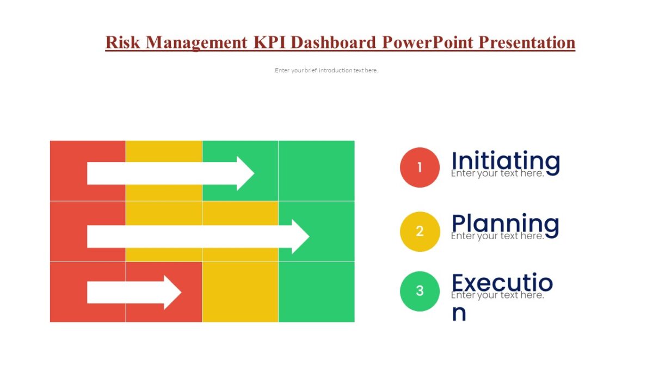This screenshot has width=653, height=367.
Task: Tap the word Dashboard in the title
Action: pyautogui.click(x=334, y=42)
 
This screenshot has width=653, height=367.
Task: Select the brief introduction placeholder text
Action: pyautogui.click(x=326, y=71)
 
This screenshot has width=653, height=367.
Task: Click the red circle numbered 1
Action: pyautogui.click(x=420, y=167)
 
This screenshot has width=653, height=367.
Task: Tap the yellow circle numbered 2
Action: pyautogui.click(x=420, y=232)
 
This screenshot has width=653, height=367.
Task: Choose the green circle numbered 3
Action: pyautogui.click(x=420, y=291)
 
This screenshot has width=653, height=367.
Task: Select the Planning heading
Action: pyautogui.click(x=506, y=223)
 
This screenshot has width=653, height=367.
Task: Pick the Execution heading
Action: pyautogui.click(x=502, y=283)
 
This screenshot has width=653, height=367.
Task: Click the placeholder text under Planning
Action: pyautogui.click(x=497, y=237)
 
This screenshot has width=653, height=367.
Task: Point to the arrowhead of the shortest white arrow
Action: pyautogui.click(x=172, y=293)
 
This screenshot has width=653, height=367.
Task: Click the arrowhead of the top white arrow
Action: pyautogui.click(x=245, y=173)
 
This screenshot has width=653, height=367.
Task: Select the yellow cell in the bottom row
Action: pyautogui.click(x=240, y=292)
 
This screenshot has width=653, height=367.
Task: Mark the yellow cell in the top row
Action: pyautogui.click(x=164, y=151)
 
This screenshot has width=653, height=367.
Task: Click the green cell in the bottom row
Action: pyautogui.click(x=316, y=292)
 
